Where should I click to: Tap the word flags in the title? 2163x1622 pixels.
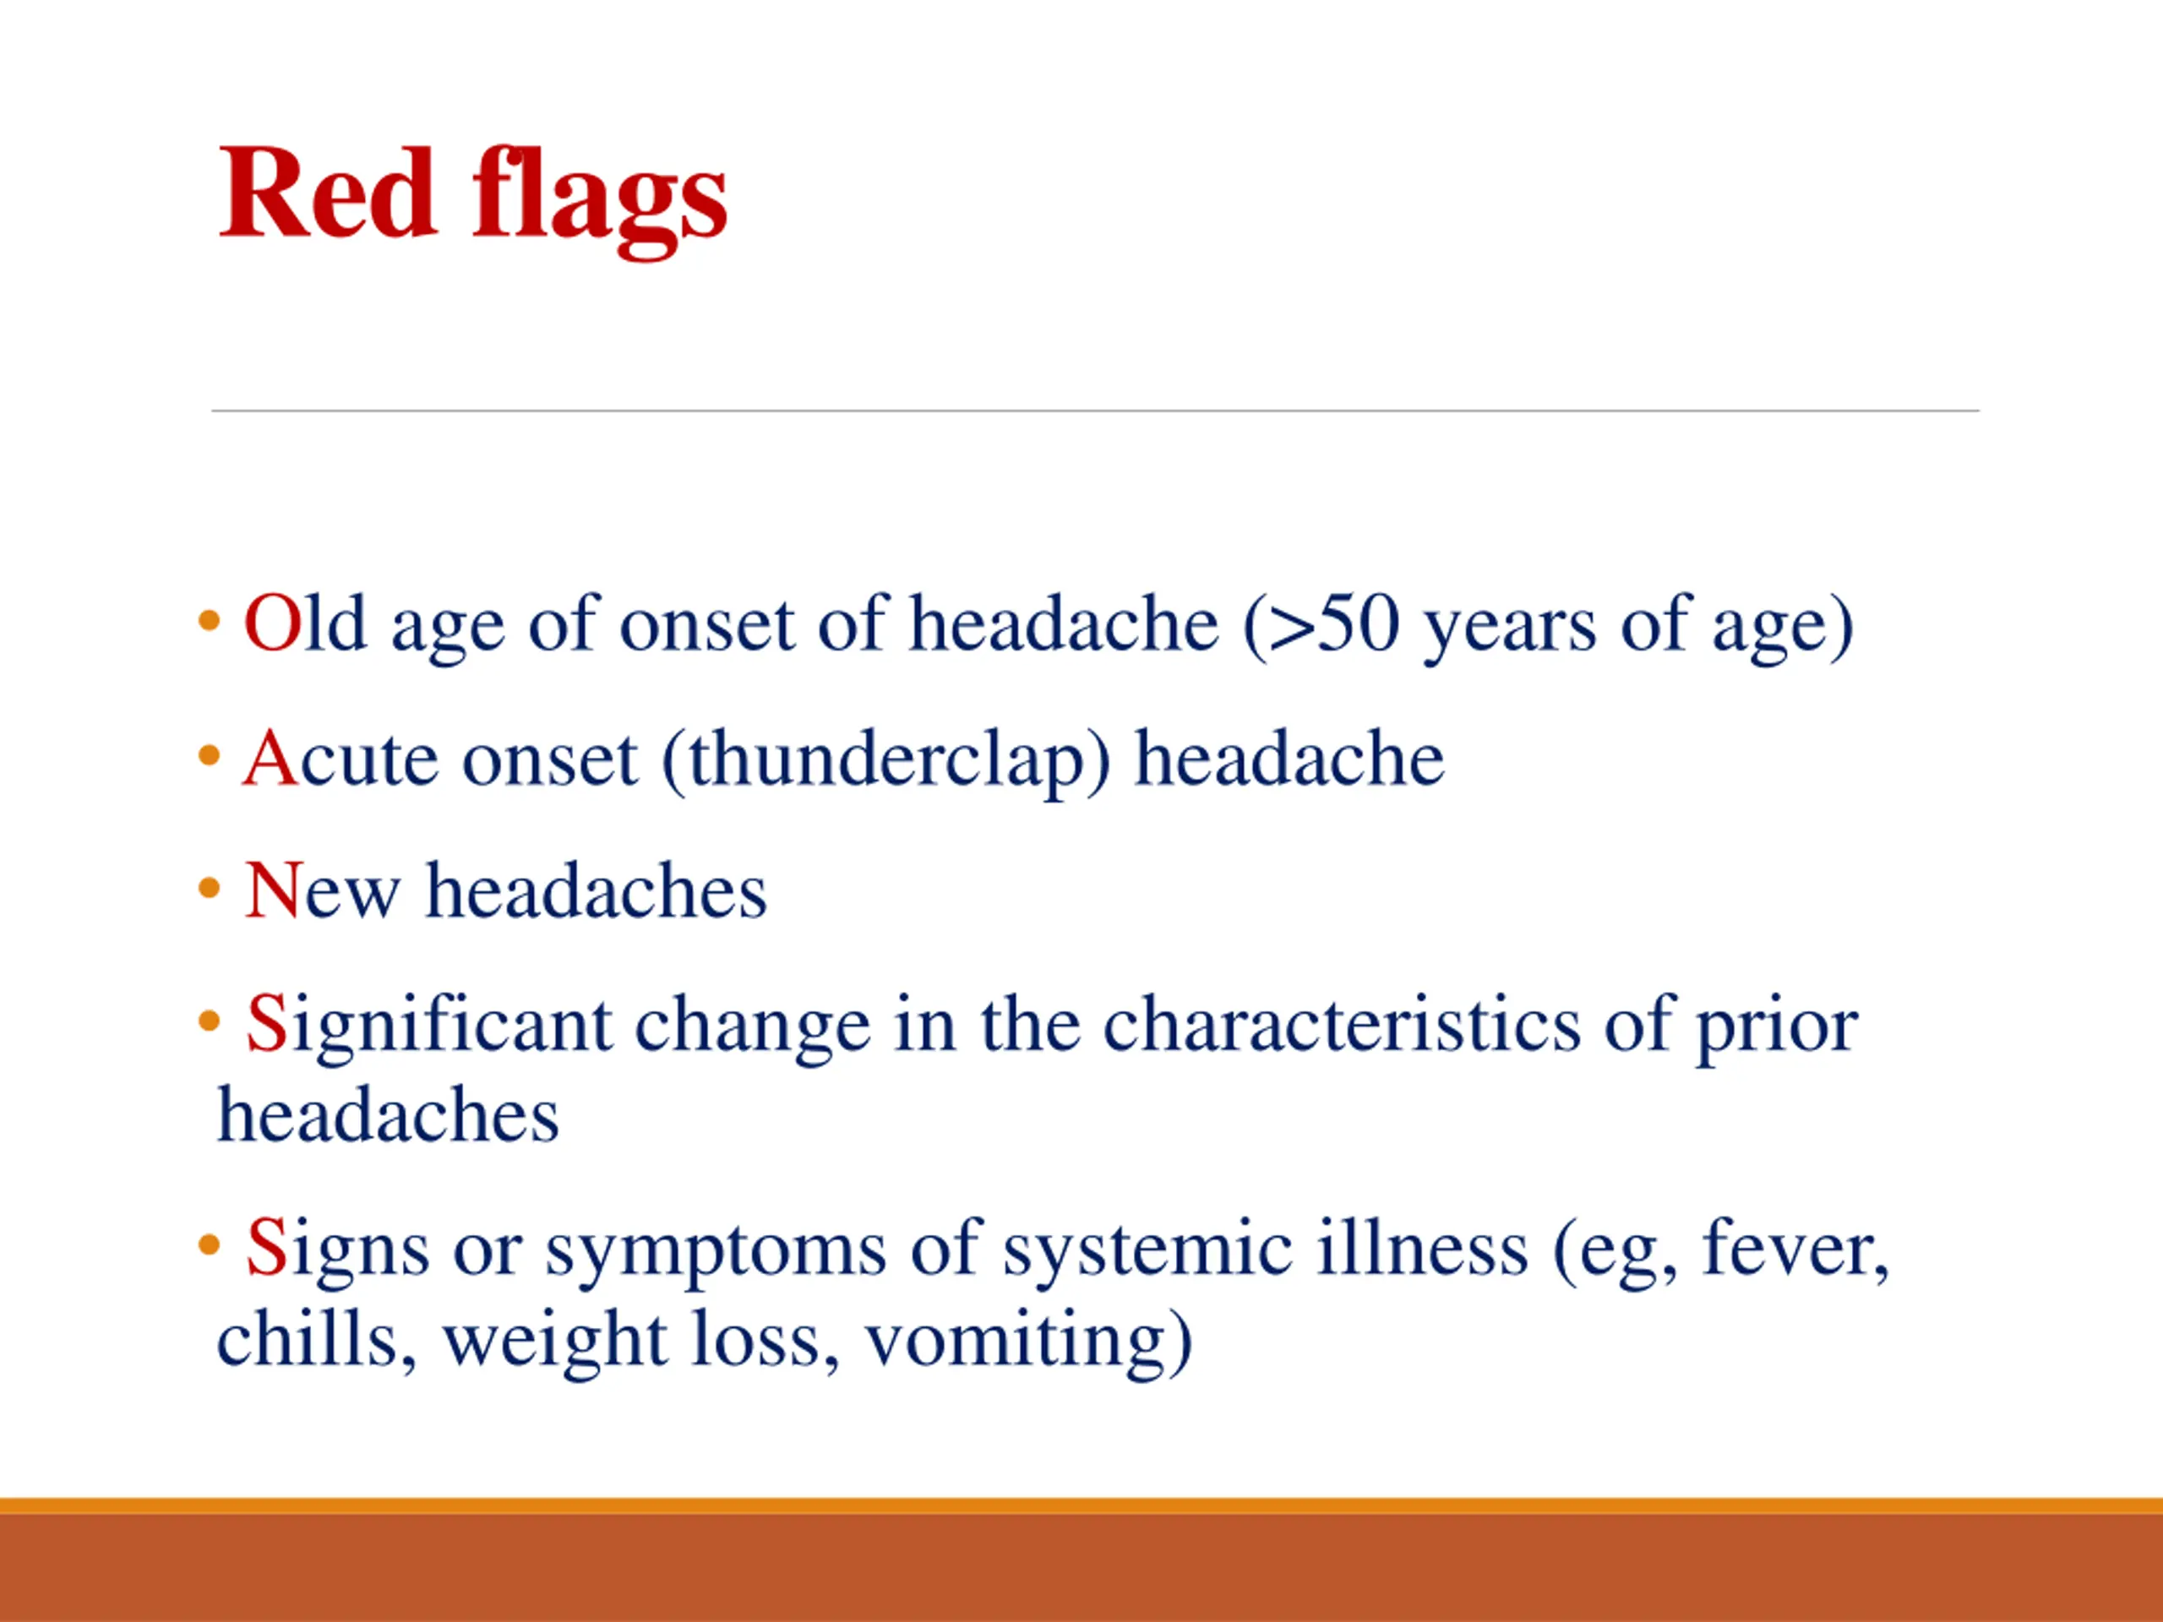pyautogui.click(x=599, y=201)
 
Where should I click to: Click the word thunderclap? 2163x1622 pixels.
pyautogui.click(x=886, y=759)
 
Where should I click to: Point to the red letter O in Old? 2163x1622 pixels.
pyautogui.click(x=272, y=623)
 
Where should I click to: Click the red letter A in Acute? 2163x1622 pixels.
pyautogui.click(x=270, y=758)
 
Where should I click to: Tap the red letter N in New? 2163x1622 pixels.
pyautogui.click(x=274, y=890)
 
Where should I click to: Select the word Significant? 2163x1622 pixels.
pyautogui.click(x=429, y=1026)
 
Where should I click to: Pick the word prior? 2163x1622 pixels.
pyautogui.click(x=1777, y=1029)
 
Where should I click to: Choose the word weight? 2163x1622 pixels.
pyautogui.click(x=555, y=1343)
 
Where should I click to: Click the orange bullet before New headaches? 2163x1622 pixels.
pyautogui.click(x=209, y=889)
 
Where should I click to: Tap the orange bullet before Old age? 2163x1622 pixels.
pyautogui.click(x=209, y=620)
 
